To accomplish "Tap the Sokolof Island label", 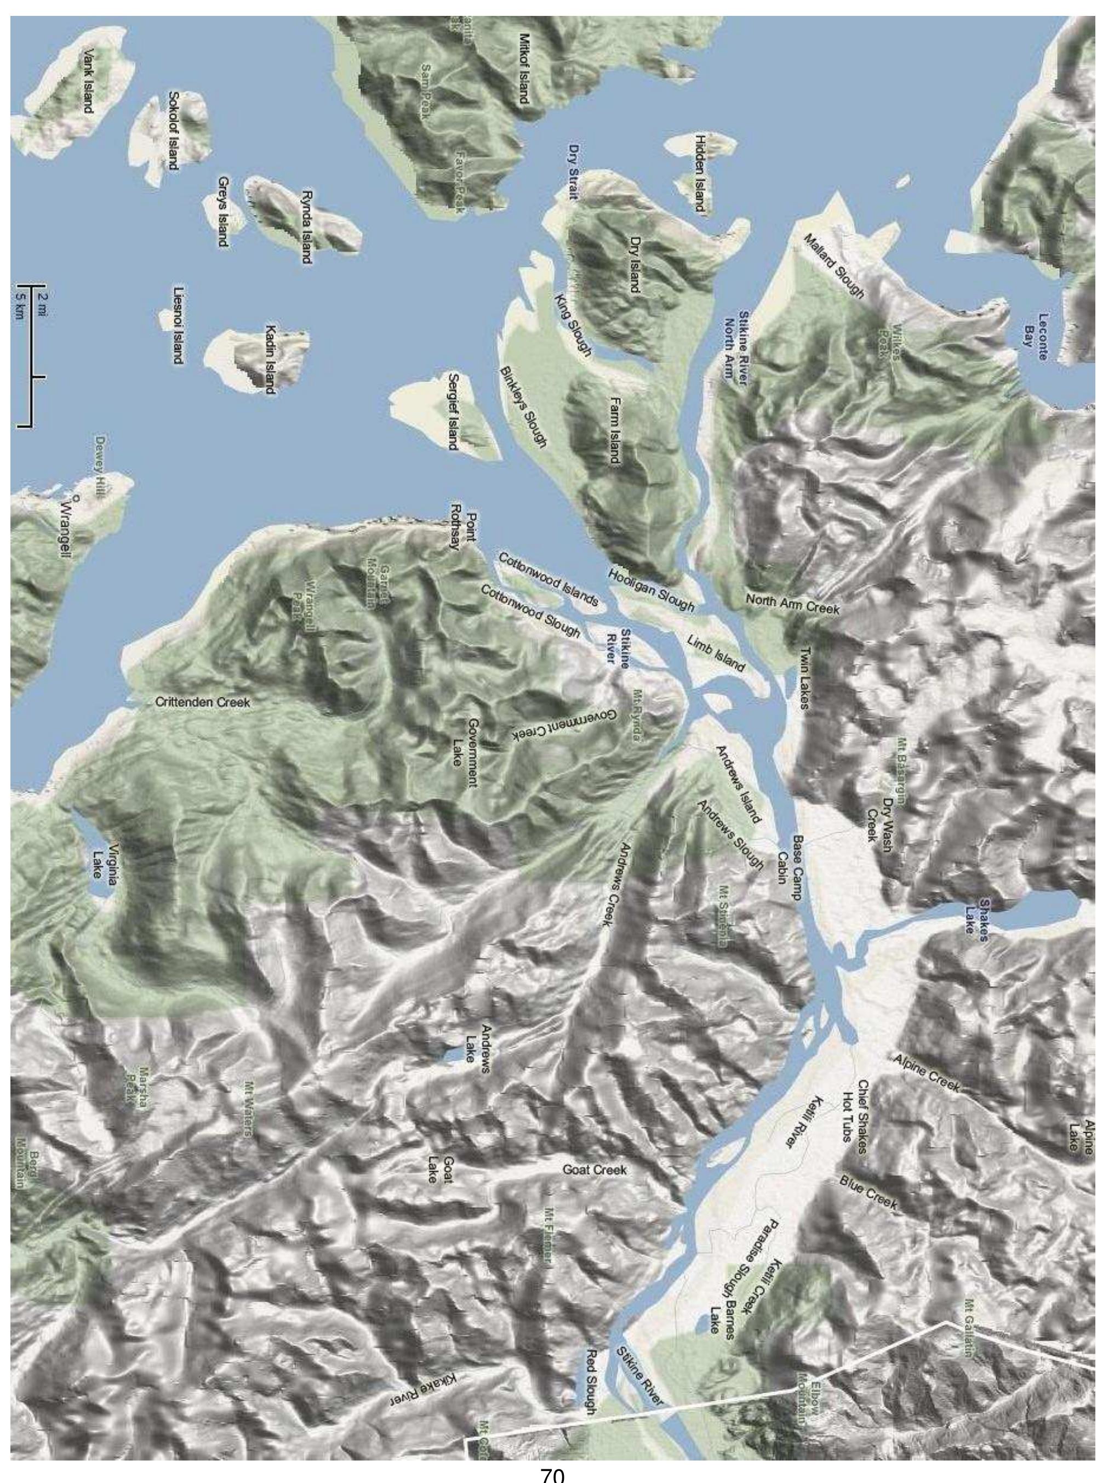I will point(174,130).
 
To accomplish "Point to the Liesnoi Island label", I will point(178,326).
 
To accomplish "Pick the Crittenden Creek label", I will point(203,702).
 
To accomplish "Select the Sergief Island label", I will point(453,411).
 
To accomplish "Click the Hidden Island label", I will point(699,173).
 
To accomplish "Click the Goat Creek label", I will point(595,1169).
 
